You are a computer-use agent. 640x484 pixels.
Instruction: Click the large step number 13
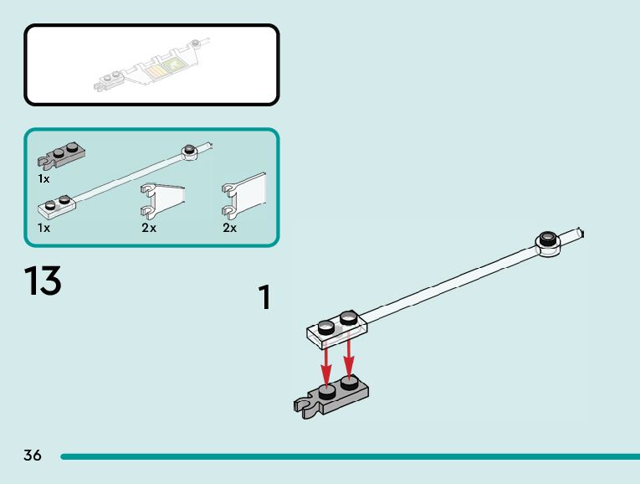pyautogui.click(x=43, y=281)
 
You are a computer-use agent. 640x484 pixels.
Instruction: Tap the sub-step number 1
pyautogui.click(x=264, y=298)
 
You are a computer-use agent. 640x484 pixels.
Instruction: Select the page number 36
pyautogui.click(x=33, y=456)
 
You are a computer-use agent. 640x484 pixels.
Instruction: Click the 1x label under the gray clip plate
pyautogui.click(x=44, y=178)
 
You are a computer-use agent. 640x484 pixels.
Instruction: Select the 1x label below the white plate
pyautogui.click(x=44, y=227)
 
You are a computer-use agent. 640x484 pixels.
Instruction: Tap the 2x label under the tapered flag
pyautogui.click(x=149, y=228)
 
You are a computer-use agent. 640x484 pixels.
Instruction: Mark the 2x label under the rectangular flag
pyautogui.click(x=230, y=228)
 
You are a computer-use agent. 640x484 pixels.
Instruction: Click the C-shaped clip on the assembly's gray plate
pyautogui.click(x=304, y=406)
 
